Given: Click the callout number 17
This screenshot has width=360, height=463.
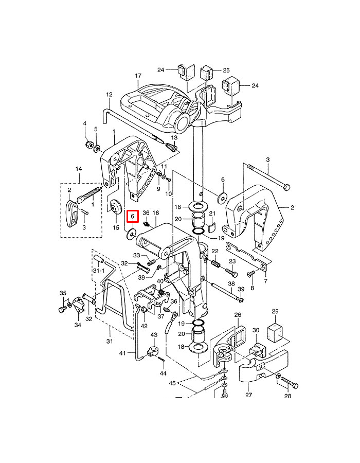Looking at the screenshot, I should click(x=138, y=76).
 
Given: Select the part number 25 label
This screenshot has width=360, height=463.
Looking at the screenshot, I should click(x=226, y=70).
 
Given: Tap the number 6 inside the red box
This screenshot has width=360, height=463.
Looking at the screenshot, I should click(x=132, y=217).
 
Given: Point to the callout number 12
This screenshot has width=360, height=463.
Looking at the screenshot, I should click(x=109, y=95).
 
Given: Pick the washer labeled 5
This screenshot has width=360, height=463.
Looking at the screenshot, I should click(x=96, y=148).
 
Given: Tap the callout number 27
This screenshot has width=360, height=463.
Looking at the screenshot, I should click(x=249, y=396).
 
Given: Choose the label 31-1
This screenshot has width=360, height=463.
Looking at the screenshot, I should click(x=98, y=270).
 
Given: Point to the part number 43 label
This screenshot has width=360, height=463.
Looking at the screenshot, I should click(x=153, y=335).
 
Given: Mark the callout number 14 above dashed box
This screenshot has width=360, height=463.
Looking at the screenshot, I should click(x=79, y=169).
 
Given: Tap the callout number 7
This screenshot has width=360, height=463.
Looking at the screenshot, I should click(x=265, y=281).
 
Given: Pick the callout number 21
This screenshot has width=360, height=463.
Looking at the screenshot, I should click(x=211, y=213).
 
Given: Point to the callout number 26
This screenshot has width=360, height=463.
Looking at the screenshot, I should click(x=238, y=315).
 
